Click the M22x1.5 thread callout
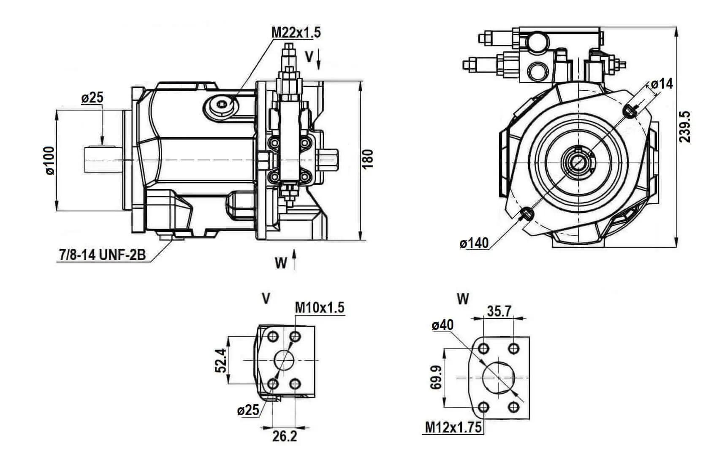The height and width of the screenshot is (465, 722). click(296, 32)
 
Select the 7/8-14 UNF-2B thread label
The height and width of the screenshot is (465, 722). click(103, 255)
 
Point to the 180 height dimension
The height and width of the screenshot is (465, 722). click(367, 159)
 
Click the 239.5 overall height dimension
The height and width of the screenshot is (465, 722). click(684, 127)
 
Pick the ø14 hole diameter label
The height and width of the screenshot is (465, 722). click(662, 84)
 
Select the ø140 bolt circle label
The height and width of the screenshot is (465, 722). click(474, 243)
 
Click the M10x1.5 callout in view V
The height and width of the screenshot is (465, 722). click(320, 308)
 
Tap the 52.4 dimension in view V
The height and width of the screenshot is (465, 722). click(221, 360)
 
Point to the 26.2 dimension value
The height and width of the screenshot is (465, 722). click(285, 436)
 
